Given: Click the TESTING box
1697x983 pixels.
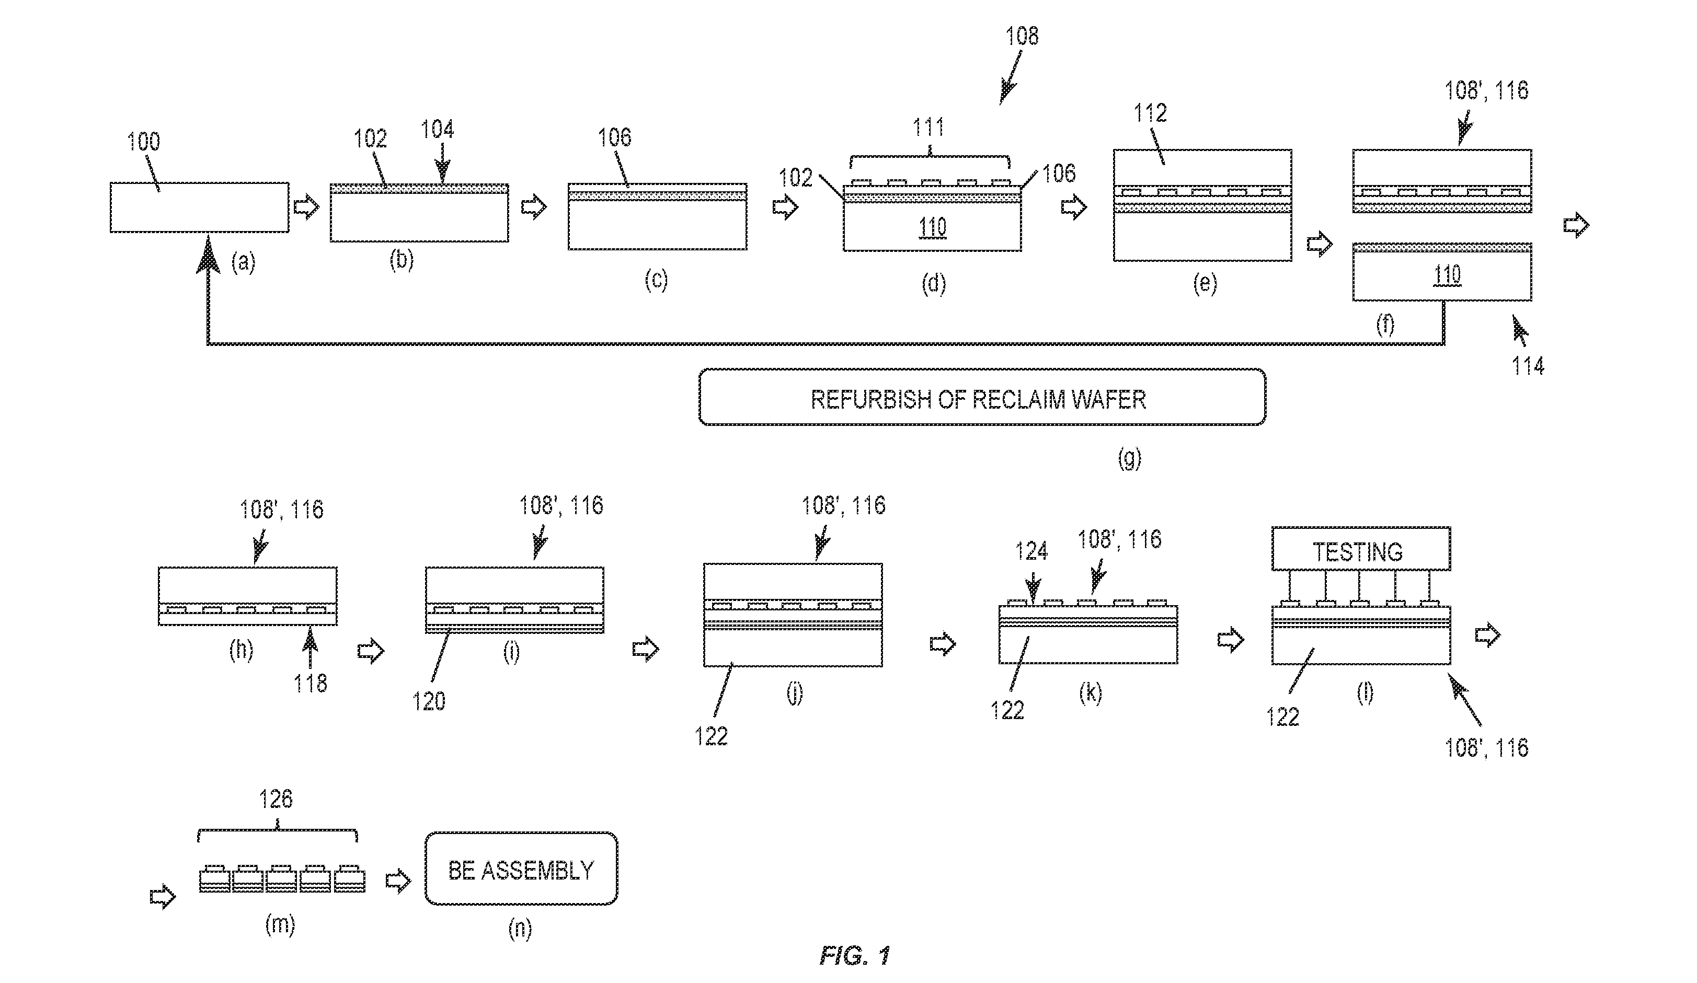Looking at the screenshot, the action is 1361,549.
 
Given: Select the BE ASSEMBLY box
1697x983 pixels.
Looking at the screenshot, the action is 521,869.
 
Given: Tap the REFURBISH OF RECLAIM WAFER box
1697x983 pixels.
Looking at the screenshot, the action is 982,397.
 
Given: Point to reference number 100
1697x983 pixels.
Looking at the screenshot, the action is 143,142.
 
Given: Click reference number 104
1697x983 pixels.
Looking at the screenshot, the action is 437,129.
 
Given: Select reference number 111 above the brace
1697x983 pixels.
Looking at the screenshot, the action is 928,126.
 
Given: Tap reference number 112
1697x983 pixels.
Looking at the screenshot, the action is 1150,112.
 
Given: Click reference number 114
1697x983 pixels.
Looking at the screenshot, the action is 1528,366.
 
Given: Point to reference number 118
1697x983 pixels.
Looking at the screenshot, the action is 310,684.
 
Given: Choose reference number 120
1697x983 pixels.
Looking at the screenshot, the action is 429,701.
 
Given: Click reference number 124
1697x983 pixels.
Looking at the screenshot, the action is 1031,551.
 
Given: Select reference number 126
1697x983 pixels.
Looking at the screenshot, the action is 276,799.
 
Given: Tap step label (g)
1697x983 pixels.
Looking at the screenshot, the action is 1129,458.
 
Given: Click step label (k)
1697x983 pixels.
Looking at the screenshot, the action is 1090,693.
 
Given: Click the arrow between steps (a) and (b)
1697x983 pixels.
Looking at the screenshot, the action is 307,207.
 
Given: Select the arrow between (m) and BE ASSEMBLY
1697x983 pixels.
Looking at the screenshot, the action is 398,880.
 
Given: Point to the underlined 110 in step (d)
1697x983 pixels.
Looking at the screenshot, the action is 933,227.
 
